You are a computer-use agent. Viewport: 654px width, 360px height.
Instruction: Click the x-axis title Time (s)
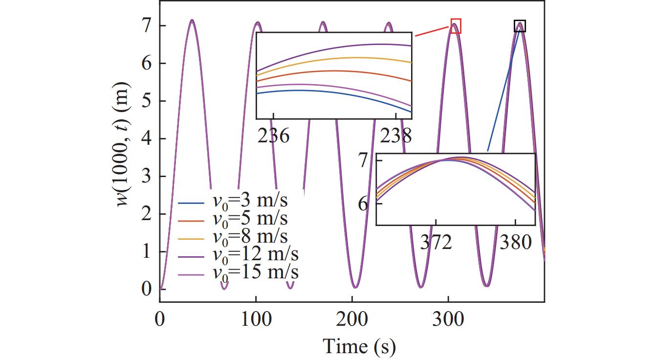(x=359, y=346)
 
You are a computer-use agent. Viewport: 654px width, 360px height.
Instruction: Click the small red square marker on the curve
(x=456, y=26)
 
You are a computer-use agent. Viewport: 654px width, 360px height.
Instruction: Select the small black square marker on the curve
(x=520, y=26)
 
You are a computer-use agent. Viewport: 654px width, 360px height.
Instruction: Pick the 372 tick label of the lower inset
(x=436, y=242)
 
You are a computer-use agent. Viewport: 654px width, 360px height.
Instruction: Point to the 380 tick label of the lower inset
(x=516, y=242)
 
